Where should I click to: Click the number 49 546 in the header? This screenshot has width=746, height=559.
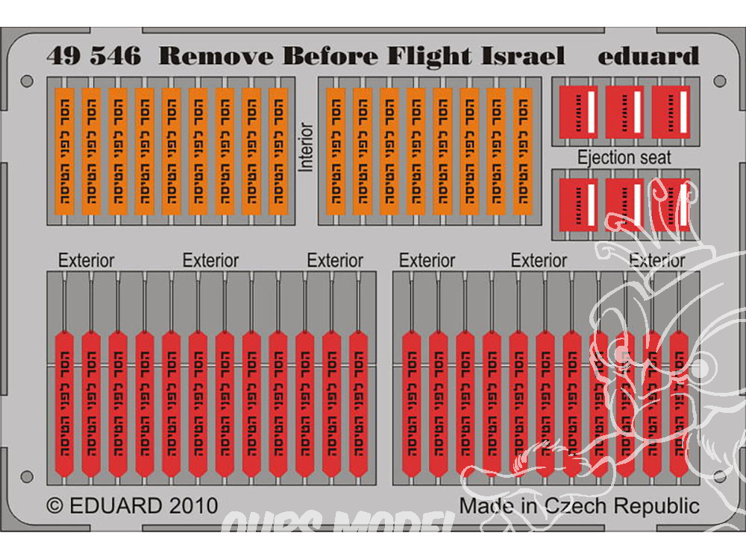tap(93, 57)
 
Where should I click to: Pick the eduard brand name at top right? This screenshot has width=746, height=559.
tap(648, 57)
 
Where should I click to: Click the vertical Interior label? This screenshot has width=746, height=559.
tap(306, 147)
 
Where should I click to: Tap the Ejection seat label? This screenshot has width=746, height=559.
tap(624, 157)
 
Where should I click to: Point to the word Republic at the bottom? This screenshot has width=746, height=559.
tap(656, 505)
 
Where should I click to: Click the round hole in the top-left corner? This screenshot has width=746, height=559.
tap(28, 80)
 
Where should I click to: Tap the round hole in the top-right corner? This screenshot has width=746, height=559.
tap(719, 80)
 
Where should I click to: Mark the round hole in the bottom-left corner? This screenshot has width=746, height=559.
tap(28, 476)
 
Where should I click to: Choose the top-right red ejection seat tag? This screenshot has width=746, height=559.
tap(671, 111)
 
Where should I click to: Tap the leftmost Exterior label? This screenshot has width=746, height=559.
tap(87, 261)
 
